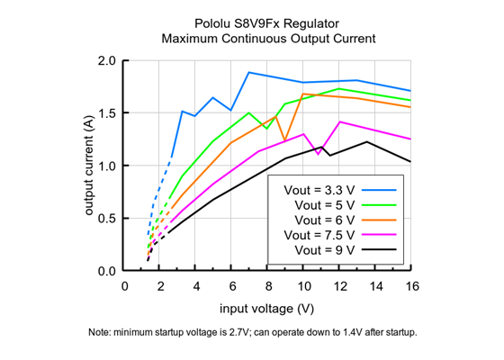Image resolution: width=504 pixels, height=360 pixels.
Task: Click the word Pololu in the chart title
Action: coord(213,23)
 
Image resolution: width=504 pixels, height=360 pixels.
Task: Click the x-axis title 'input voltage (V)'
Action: coord(267,309)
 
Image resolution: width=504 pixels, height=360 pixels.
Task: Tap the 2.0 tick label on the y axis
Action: coord(106,61)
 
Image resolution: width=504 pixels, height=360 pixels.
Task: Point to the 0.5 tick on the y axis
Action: coord(106,219)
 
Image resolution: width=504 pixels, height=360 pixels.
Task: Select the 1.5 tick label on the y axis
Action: coord(106,113)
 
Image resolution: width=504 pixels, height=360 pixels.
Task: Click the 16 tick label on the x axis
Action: coord(410,286)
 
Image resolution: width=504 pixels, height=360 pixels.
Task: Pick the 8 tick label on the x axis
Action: coord(267,286)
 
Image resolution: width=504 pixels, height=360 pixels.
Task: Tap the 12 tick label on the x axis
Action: coord(339,286)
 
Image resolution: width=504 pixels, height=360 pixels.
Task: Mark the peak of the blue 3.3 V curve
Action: coord(248,72)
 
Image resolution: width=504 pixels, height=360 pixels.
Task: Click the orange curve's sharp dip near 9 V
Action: coord(284,140)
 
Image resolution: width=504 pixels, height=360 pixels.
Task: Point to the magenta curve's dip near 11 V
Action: coord(319,154)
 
